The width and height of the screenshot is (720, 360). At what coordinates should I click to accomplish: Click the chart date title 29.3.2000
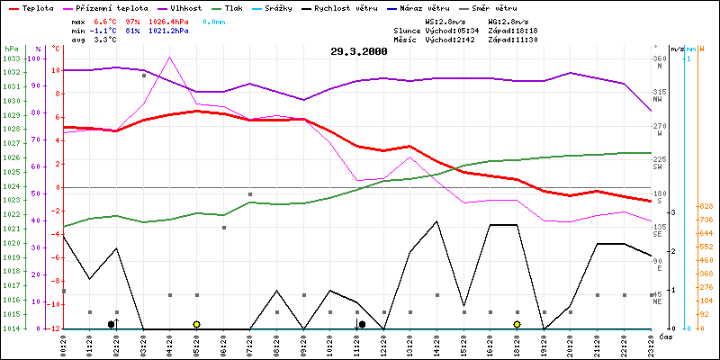click(x=359, y=52)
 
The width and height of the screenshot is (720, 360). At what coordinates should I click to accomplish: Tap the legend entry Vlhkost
click(x=204, y=7)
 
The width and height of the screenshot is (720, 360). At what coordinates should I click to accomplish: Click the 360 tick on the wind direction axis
click(x=658, y=58)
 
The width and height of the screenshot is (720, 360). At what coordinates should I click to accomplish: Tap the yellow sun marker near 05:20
click(x=196, y=324)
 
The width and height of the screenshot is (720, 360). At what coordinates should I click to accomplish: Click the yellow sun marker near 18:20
click(x=517, y=324)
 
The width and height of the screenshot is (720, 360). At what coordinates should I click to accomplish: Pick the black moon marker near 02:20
click(x=112, y=324)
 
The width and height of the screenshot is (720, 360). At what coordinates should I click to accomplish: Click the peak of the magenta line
click(x=169, y=57)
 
